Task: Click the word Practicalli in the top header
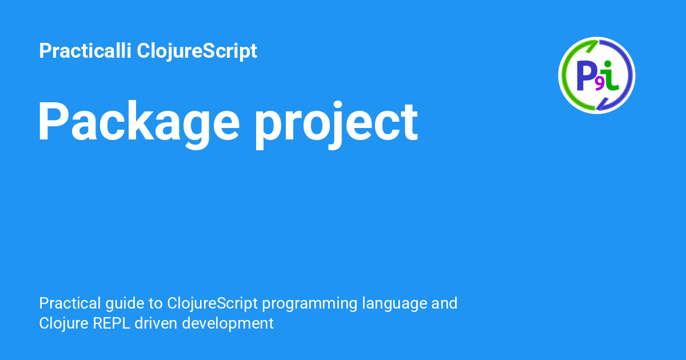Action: coord(85,51)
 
